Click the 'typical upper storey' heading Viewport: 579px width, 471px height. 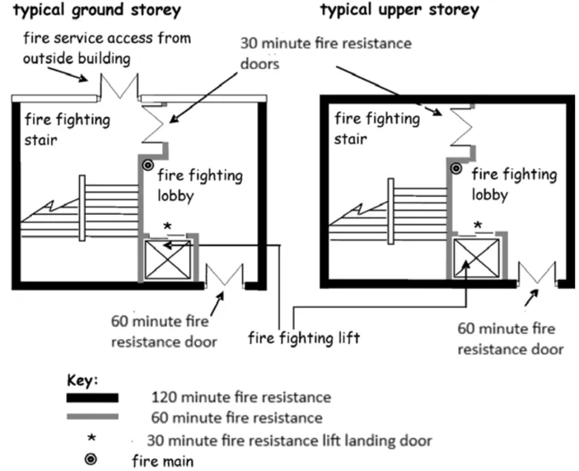pyautogui.click(x=399, y=11)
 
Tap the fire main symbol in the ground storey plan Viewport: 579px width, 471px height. pyautogui.click(x=148, y=166)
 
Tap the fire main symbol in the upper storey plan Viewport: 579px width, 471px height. pyautogui.click(x=455, y=168)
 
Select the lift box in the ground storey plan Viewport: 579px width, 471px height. pyautogui.click(x=167, y=261)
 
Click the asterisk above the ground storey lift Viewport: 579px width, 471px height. pyautogui.click(x=167, y=226)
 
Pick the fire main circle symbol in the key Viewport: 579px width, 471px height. pyautogui.click(x=91, y=459)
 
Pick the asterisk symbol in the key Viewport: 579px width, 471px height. pyautogui.click(x=91, y=438)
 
